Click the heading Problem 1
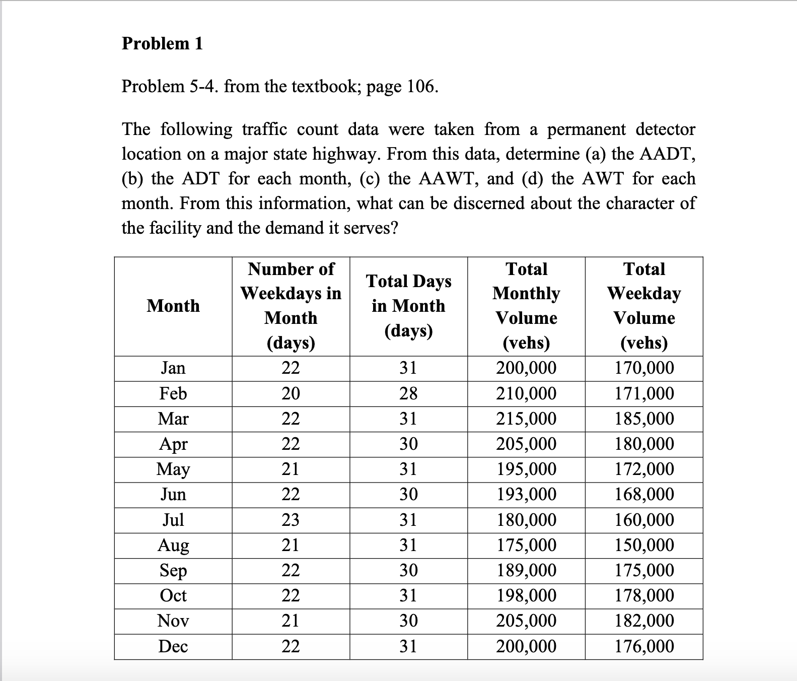pyautogui.click(x=162, y=44)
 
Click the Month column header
pyautogui.click(x=173, y=306)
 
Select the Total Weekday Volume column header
pyautogui.click(x=644, y=306)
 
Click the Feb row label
pyautogui.click(x=173, y=393)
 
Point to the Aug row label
pyautogui.click(x=173, y=546)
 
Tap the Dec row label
pyautogui.click(x=173, y=646)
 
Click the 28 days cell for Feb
pyautogui.click(x=408, y=393)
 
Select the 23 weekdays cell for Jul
pyautogui.click(x=291, y=520)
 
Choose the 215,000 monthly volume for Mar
pyautogui.click(x=526, y=419)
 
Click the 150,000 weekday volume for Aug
pyautogui.click(x=644, y=545)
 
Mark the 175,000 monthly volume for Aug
pyautogui.click(x=526, y=545)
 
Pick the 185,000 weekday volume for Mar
pyautogui.click(x=644, y=419)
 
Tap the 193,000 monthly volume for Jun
pyautogui.click(x=526, y=494)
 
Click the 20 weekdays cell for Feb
pyautogui.click(x=291, y=393)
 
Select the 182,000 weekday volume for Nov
pyautogui.click(x=644, y=621)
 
